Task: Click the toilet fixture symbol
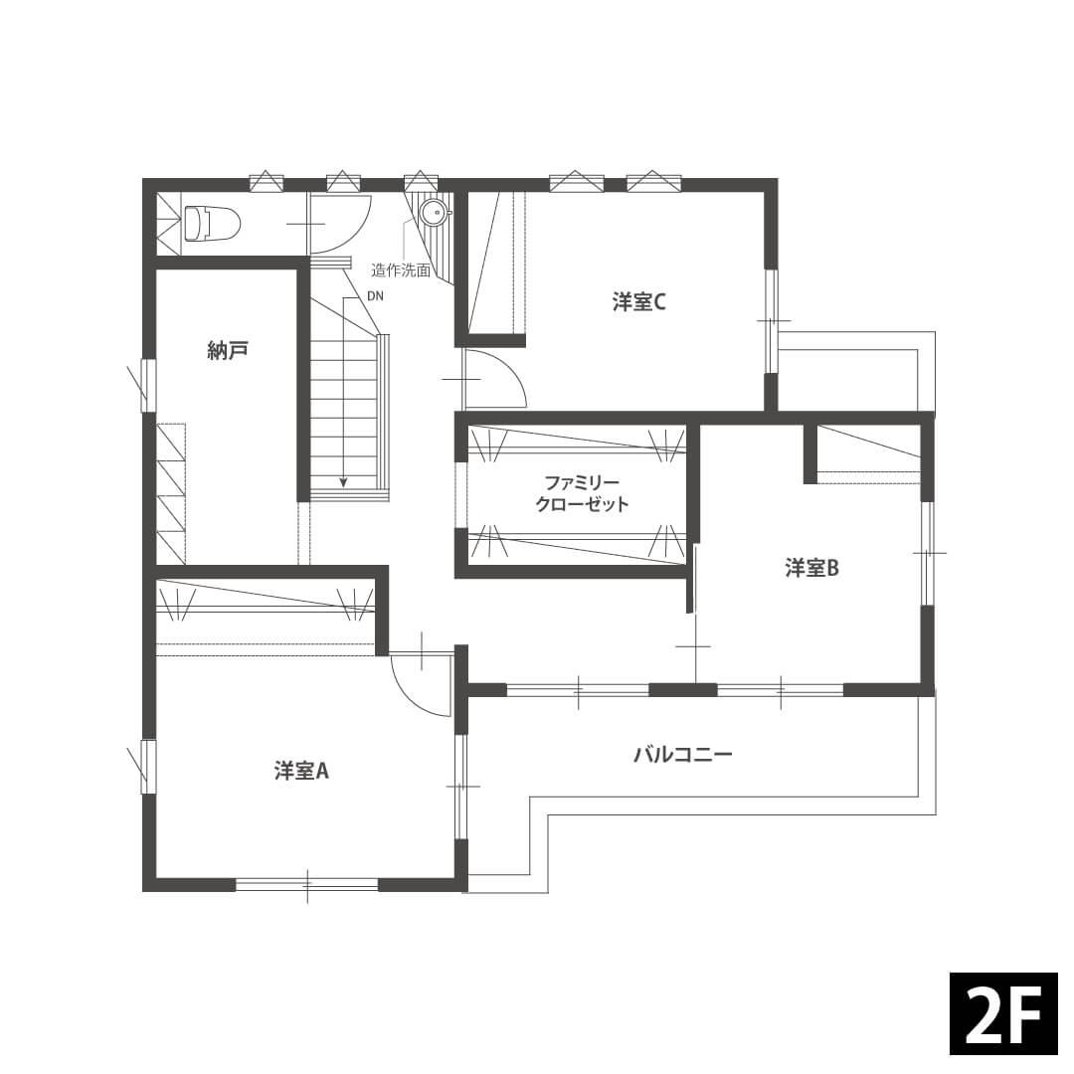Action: click(213, 224)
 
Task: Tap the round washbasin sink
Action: click(434, 213)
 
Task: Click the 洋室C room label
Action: click(638, 302)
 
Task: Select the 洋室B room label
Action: click(811, 568)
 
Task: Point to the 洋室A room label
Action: click(302, 772)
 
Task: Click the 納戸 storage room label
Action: click(228, 351)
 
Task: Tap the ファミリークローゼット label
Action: click(582, 493)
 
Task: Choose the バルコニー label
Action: click(683, 755)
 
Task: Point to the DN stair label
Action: click(375, 296)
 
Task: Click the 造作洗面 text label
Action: click(402, 270)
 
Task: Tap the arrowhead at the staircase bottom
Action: click(344, 481)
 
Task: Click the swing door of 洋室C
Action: click(494, 379)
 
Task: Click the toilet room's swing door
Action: click(340, 224)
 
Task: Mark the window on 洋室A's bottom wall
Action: click(307, 885)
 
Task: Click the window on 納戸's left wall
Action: click(148, 385)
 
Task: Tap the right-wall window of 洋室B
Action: click(927, 553)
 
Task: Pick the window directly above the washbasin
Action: click(420, 182)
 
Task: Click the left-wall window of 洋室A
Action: click(148, 767)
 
